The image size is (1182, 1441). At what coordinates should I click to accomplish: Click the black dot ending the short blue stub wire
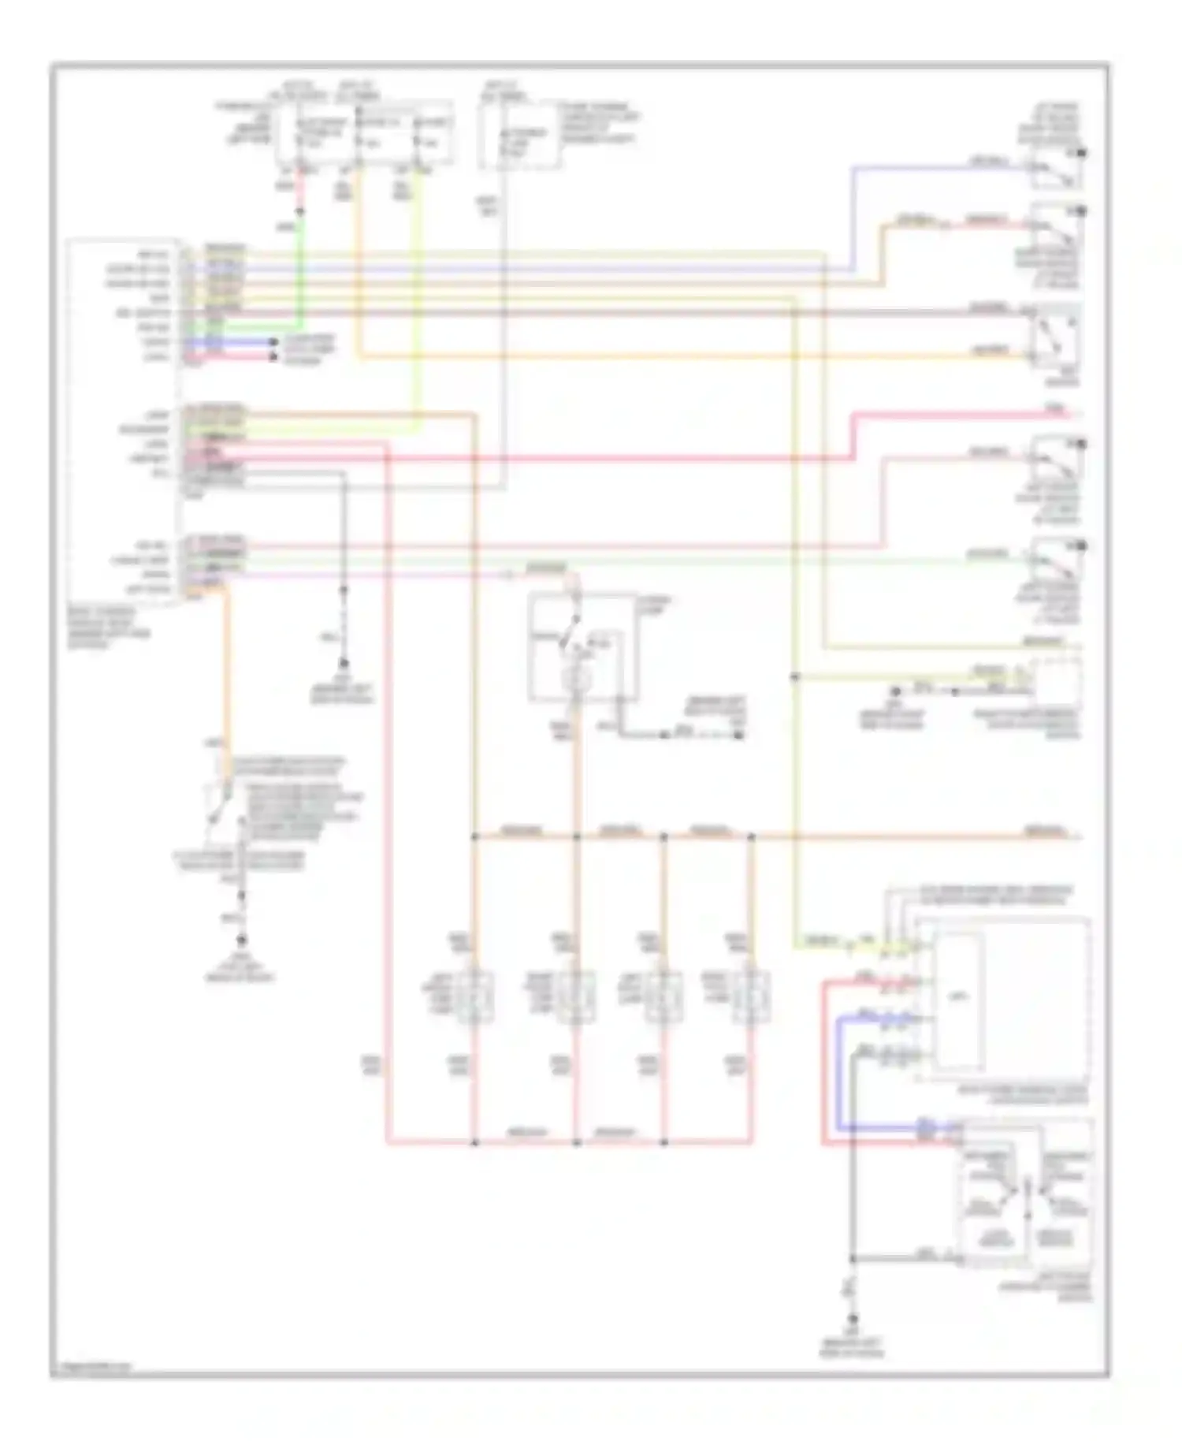click(273, 343)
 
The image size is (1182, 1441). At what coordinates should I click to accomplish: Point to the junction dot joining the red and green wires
click(300, 211)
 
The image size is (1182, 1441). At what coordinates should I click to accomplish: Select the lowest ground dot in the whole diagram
click(852, 1317)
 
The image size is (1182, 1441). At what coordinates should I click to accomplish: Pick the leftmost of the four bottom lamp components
click(474, 998)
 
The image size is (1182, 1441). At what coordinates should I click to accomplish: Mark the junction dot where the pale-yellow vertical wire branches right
click(795, 676)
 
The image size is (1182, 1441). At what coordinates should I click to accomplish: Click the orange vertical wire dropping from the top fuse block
click(359, 260)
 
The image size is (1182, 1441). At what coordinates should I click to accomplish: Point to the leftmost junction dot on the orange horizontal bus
click(474, 836)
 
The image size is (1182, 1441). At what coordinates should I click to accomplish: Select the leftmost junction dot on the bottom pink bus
click(474, 1141)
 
